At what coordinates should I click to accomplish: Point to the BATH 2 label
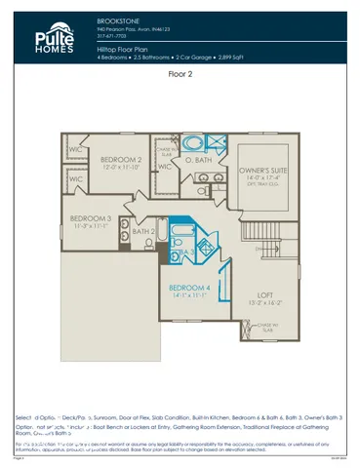[143, 231]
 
